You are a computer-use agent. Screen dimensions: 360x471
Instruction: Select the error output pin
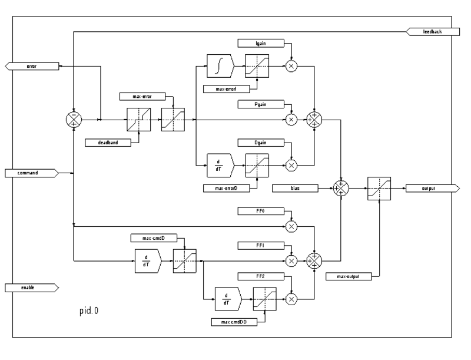click(32, 67)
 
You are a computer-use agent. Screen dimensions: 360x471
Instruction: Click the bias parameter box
click(296, 189)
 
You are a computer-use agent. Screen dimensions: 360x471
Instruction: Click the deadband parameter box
click(107, 142)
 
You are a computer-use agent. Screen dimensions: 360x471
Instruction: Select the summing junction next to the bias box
click(341, 189)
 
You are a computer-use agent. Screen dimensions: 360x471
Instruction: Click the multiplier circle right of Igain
click(291, 67)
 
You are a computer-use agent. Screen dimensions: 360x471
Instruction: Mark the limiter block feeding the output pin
click(378, 189)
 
